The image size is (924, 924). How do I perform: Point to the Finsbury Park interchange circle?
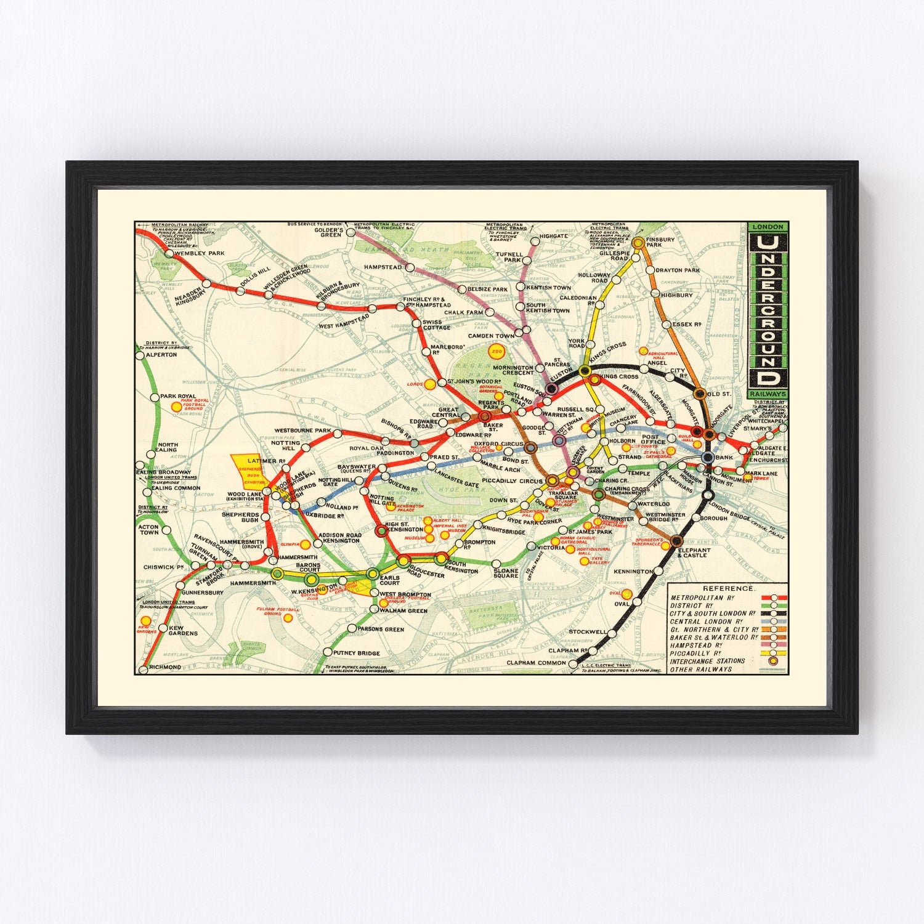pyautogui.click(x=638, y=243)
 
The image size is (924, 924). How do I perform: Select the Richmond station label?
pyautogui.click(x=165, y=667)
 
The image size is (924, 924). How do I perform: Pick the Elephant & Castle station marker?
pyautogui.click(x=676, y=541)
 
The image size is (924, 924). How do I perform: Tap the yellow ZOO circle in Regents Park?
pyautogui.click(x=496, y=352)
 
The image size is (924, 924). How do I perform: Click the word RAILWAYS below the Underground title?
pyautogui.click(x=767, y=394)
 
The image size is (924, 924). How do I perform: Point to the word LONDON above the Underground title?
pyautogui.click(x=767, y=227)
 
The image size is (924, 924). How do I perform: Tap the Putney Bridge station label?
pyautogui.click(x=356, y=653)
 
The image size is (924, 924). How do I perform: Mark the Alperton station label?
pyautogui.click(x=161, y=355)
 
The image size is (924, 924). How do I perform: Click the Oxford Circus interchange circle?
pyautogui.click(x=530, y=448)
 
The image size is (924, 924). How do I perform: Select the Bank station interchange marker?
pyautogui.click(x=707, y=457)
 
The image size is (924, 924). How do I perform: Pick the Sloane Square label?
pyautogui.click(x=506, y=572)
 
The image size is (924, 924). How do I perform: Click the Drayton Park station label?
pyautogui.click(x=678, y=270)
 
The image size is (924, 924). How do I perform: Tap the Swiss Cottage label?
pyautogui.click(x=437, y=325)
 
